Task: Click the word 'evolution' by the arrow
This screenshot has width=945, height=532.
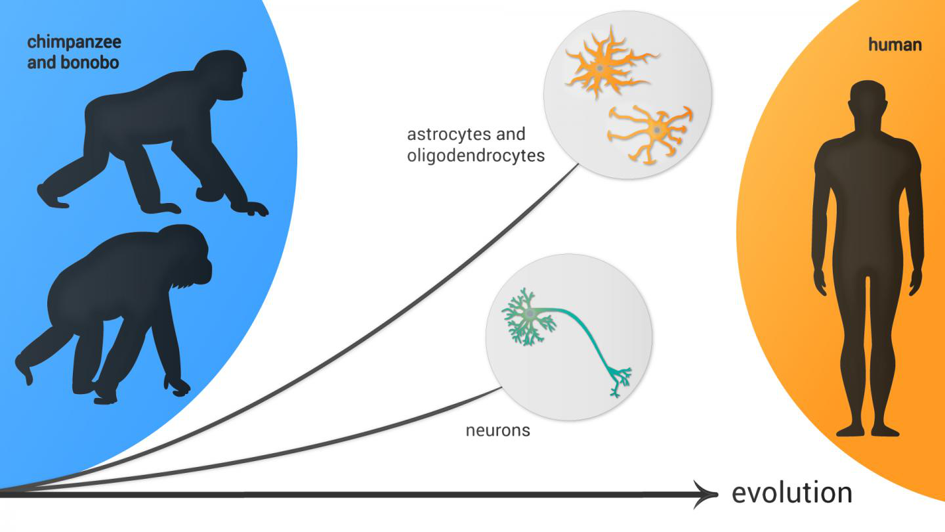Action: [791, 493]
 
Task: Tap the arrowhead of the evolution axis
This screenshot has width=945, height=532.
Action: [709, 494]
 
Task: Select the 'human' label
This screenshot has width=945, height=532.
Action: [894, 45]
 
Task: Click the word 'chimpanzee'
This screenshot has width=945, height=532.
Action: [74, 43]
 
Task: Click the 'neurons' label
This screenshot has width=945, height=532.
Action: [497, 431]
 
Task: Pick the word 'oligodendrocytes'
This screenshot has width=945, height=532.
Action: [476, 156]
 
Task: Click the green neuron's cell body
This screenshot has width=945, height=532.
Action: [529, 315]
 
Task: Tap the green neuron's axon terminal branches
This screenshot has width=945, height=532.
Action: [619, 381]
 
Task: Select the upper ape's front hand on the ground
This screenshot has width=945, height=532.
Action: [253, 209]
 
